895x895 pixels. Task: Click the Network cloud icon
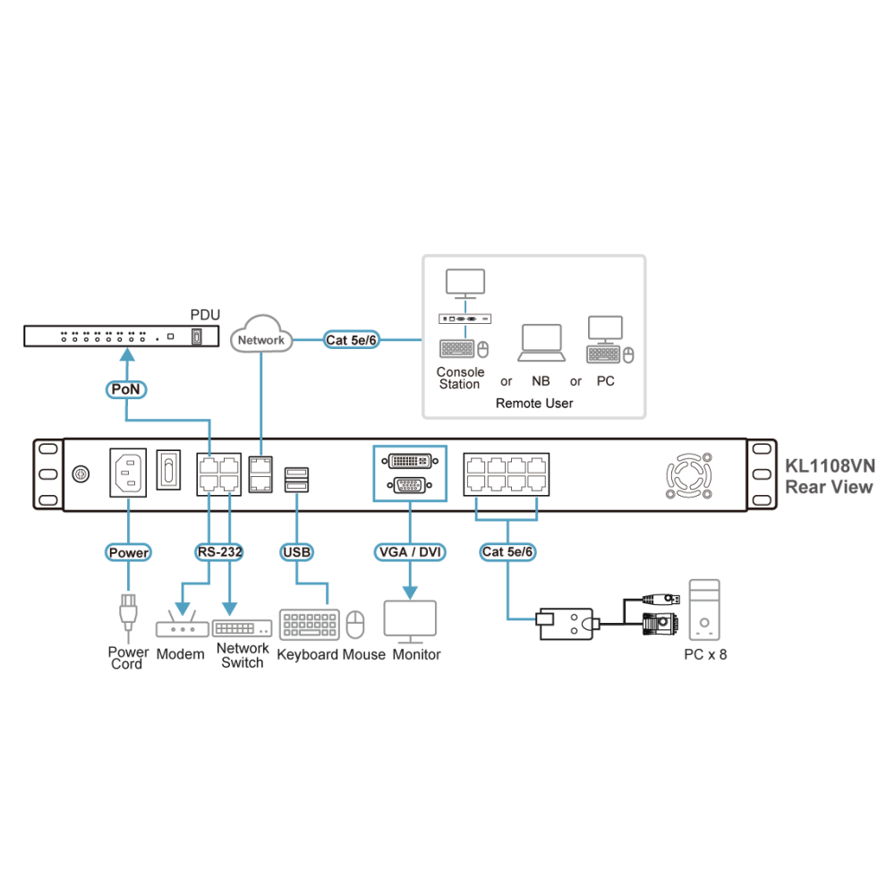[x=261, y=335]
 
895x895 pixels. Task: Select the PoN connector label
[x=126, y=389]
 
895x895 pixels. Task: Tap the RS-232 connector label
[x=220, y=552]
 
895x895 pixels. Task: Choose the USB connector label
[x=297, y=552]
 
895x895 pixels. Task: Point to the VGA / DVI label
[x=410, y=552]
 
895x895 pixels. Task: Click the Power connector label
[x=128, y=552]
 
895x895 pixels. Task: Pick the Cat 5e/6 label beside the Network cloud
[x=351, y=339]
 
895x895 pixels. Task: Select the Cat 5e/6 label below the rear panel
[x=507, y=552]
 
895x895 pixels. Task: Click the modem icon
[x=183, y=624]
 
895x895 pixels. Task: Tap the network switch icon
[x=242, y=628]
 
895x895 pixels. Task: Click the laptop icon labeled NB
[x=541, y=343]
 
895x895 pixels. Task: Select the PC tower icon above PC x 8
[x=704, y=610]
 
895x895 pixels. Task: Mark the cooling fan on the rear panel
[x=689, y=475]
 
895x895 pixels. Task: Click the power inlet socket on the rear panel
[x=128, y=473]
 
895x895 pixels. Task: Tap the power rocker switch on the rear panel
[x=168, y=470]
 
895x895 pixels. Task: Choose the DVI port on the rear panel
[x=410, y=460]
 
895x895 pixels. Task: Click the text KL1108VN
[x=830, y=466]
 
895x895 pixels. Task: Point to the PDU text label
[x=205, y=315]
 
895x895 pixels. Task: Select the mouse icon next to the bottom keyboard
[x=355, y=624]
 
